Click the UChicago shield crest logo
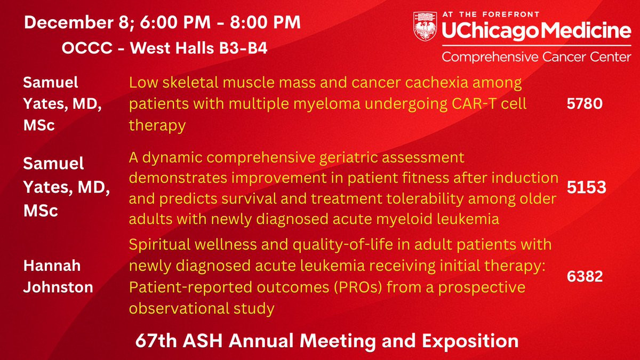pos(425,26)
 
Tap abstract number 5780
pos(585,103)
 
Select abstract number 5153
pos(586,187)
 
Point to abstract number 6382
pos(585,276)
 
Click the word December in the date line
pos(69,22)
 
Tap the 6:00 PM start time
pos(175,22)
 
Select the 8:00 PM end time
pos(265,22)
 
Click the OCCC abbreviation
pos(87,47)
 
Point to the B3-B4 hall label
pos(243,47)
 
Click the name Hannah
pos(52,266)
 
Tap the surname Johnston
pos(58,287)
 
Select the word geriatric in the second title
pos(349,158)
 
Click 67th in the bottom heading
pos(156,341)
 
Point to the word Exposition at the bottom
pos(470,341)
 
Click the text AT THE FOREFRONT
pos(491,14)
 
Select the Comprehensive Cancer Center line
pos(537,57)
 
